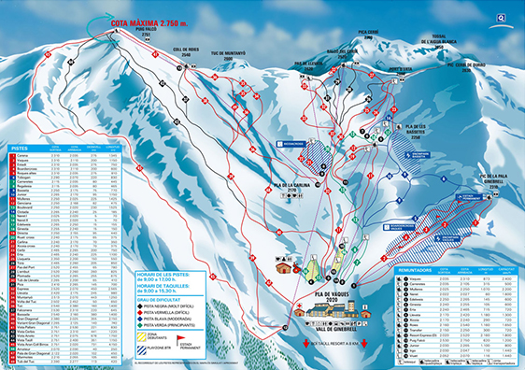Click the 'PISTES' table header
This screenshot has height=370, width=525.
click(x=21, y=148)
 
